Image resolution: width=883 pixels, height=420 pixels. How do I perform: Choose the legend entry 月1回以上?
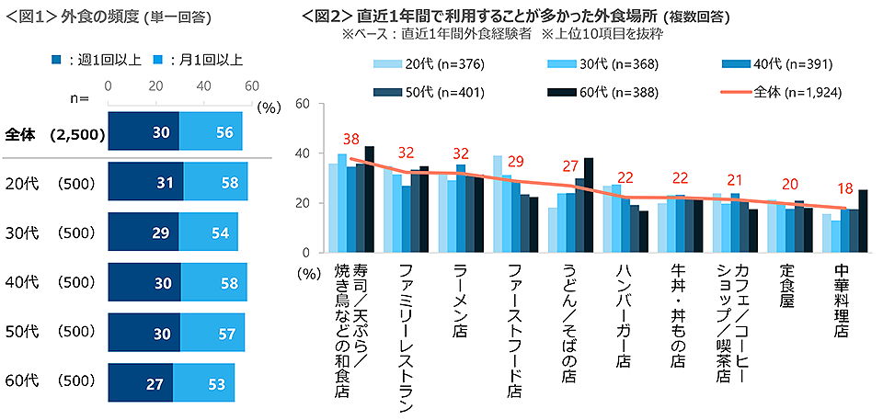coord(199,60)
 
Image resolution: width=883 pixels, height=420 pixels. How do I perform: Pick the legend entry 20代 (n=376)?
coord(424,64)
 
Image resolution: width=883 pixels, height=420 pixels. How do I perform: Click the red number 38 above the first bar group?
coord(350,140)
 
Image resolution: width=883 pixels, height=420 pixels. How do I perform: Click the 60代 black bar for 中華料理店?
coord(861,221)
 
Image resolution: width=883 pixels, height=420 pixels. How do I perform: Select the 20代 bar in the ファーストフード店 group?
coord(499,204)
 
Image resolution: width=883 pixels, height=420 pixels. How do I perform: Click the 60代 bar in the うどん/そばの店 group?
coord(589,205)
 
